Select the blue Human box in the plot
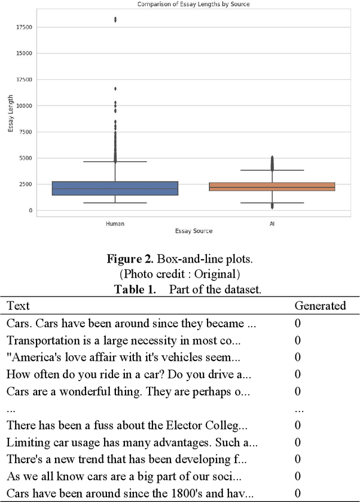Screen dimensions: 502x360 click(x=115, y=188)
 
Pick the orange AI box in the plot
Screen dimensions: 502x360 click(x=272, y=187)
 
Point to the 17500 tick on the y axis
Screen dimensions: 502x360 click(x=24, y=27)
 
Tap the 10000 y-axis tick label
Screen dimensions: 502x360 click(x=24, y=106)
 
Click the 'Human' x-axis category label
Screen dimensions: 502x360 click(x=115, y=224)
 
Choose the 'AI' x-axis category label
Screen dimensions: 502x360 click(x=272, y=224)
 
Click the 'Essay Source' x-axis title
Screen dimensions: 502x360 click(x=193, y=231)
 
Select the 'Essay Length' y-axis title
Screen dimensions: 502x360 click(x=11, y=115)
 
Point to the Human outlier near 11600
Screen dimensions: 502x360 click(x=115, y=88)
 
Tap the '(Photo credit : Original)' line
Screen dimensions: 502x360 click(x=180, y=274)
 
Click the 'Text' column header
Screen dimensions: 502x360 click(x=18, y=306)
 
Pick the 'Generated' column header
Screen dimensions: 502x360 click(x=320, y=306)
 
